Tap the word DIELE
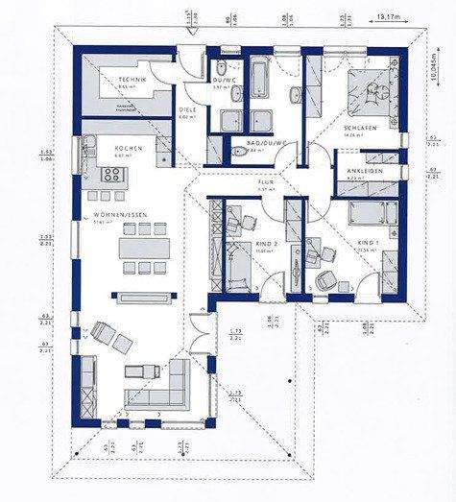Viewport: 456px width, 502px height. [187, 109]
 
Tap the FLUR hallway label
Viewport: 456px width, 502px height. [266, 181]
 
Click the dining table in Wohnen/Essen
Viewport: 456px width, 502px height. [141, 248]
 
